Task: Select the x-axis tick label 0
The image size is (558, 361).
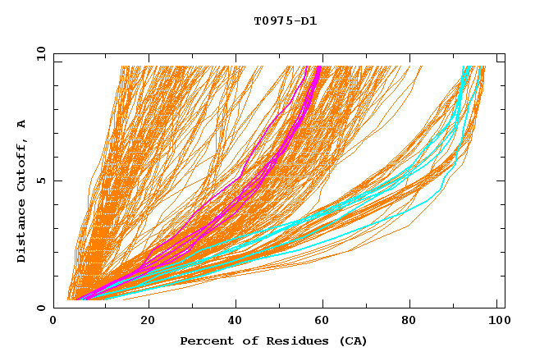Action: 53,321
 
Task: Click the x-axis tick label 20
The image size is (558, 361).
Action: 147,321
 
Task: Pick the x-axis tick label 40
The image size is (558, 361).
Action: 236,321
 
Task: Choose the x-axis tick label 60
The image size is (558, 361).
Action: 324,321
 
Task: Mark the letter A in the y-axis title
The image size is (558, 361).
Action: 22,124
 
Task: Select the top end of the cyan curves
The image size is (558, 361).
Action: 467,67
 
